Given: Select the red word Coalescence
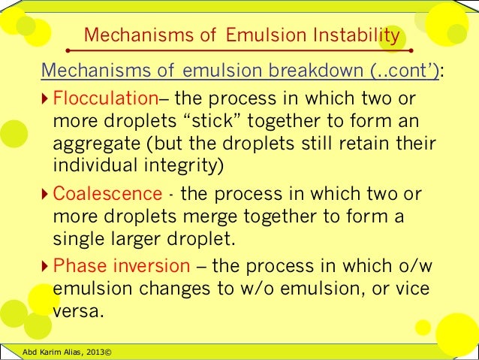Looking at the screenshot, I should tap(107, 194).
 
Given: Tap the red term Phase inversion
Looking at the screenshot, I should tap(122, 266).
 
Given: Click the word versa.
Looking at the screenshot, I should tap(77, 310).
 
